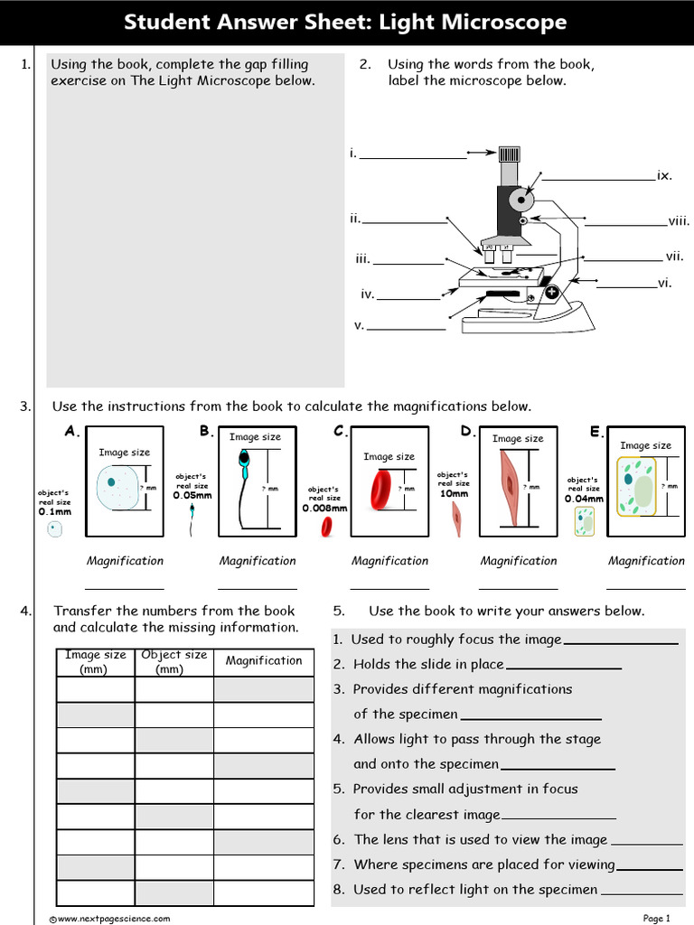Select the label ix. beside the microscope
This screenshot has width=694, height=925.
(x=664, y=175)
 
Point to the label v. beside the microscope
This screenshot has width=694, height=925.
(x=359, y=324)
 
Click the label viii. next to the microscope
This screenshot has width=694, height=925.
(x=679, y=220)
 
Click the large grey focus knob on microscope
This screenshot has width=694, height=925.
(x=521, y=198)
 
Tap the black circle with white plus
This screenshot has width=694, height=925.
(x=552, y=292)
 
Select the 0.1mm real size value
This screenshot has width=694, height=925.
(x=54, y=511)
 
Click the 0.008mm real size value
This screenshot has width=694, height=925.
(x=324, y=508)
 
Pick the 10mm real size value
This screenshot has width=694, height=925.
(x=454, y=494)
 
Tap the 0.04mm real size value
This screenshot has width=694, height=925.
(x=584, y=499)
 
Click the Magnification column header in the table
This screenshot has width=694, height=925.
(x=264, y=661)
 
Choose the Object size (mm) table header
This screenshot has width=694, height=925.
(x=173, y=661)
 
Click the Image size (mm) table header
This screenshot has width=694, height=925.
(x=95, y=661)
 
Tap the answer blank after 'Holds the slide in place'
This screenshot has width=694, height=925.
(x=564, y=666)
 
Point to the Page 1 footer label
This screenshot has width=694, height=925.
(x=656, y=919)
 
